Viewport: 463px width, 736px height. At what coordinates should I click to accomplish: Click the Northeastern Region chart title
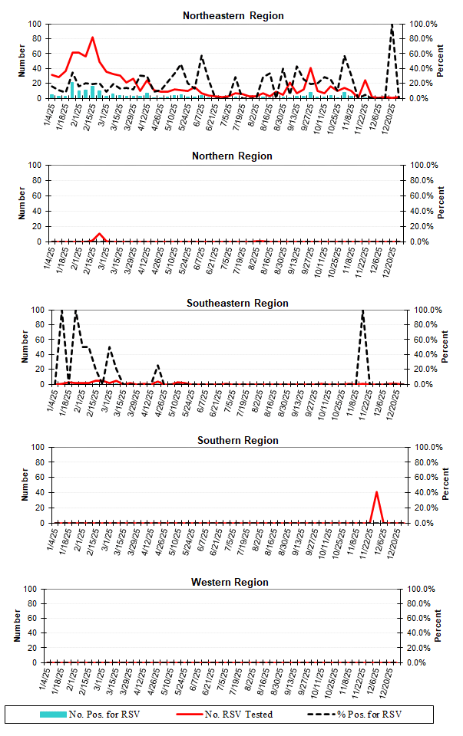233,15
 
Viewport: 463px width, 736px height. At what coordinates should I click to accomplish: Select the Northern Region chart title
232,156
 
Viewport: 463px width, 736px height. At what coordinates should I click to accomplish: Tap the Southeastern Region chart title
237,303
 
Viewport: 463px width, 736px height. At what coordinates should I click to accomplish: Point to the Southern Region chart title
237,441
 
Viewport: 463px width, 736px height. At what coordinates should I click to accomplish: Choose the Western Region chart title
230,583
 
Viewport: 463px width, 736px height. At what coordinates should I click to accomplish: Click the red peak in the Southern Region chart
376,492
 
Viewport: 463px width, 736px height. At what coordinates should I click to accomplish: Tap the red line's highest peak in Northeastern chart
93,38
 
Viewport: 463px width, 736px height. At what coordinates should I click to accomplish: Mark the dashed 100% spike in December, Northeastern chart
392,25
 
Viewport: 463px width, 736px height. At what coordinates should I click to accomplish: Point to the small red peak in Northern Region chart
99,234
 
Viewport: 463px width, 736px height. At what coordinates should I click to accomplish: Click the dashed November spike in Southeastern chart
362,311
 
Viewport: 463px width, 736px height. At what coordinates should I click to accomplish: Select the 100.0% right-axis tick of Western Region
422,589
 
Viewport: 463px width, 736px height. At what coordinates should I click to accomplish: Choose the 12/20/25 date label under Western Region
391,680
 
